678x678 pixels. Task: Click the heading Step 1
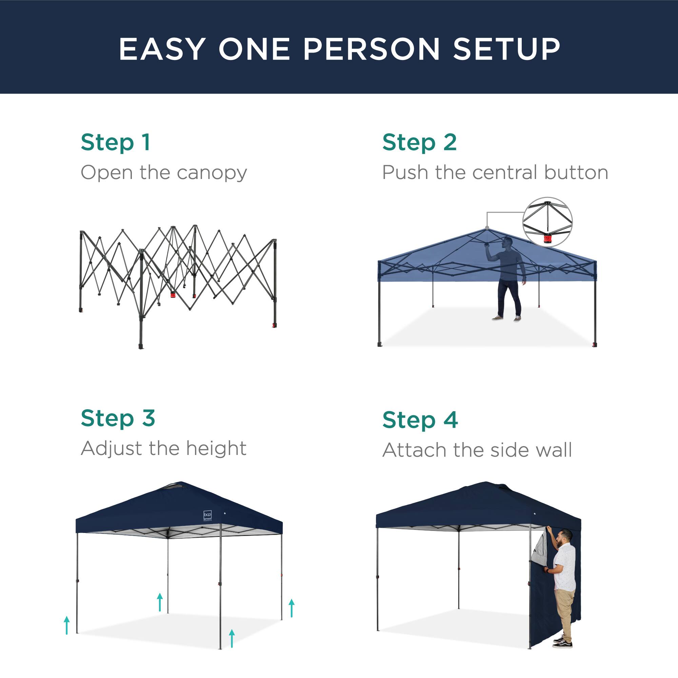(116, 142)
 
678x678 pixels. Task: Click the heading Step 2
(419, 142)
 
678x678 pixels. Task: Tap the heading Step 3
(118, 418)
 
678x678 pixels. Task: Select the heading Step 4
(420, 420)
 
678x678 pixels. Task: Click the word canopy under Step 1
(212, 173)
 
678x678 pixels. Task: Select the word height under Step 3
(216, 448)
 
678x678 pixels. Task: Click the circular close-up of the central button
(547, 222)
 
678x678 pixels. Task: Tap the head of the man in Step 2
(507, 242)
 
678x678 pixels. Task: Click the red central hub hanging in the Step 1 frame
(173, 295)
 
